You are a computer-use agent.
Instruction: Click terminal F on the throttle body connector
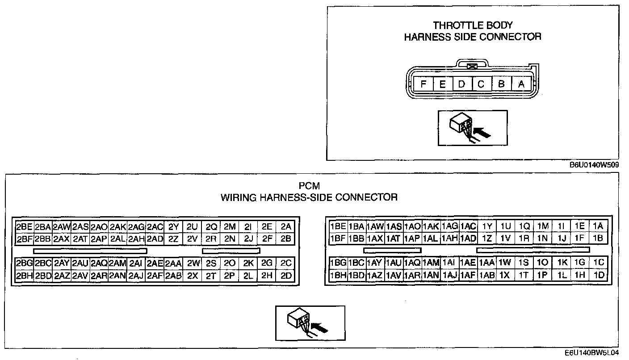click(x=423, y=84)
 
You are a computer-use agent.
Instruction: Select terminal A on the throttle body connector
click(x=521, y=84)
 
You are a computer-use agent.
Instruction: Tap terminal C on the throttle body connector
click(x=481, y=84)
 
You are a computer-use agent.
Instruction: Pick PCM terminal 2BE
click(x=24, y=226)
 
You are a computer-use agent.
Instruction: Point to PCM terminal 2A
click(x=286, y=226)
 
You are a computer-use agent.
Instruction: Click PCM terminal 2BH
click(x=24, y=276)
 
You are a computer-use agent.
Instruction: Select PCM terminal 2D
click(x=286, y=276)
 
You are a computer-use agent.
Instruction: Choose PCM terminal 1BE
click(x=338, y=226)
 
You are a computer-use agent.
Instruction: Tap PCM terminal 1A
click(x=598, y=226)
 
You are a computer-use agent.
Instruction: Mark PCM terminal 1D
click(x=599, y=275)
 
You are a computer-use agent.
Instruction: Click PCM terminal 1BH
click(x=338, y=275)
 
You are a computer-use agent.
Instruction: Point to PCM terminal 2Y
click(x=174, y=226)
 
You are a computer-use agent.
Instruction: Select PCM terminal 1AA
click(x=486, y=263)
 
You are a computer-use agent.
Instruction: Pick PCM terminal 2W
click(x=193, y=264)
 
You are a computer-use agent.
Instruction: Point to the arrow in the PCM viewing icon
click(x=319, y=328)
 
